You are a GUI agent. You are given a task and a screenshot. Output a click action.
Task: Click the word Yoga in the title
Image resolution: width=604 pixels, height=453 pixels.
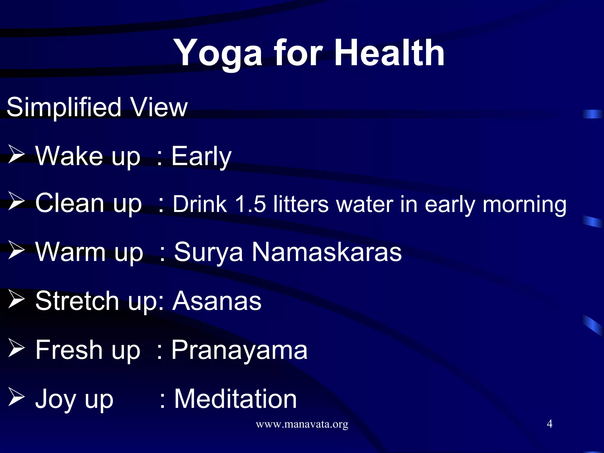click(218, 54)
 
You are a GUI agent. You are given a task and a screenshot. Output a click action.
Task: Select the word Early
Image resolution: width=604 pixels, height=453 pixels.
click(201, 156)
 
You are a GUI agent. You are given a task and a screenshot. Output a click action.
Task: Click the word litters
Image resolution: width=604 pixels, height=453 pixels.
click(301, 204)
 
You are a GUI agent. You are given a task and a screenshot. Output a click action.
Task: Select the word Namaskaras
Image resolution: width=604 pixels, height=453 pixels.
click(326, 252)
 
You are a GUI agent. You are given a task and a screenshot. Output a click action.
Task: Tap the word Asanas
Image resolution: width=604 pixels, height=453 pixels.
click(217, 301)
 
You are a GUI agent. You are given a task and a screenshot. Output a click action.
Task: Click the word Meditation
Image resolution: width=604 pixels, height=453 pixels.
click(235, 399)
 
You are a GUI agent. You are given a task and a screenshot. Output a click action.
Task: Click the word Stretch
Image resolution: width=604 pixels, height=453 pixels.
click(77, 301)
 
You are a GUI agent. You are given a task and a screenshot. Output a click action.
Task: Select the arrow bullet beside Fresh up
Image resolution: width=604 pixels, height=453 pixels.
click(16, 348)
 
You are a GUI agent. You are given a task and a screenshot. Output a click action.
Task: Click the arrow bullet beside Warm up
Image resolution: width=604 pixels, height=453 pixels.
click(16, 250)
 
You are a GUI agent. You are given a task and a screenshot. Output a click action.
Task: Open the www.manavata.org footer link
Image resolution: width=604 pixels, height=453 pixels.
click(302, 424)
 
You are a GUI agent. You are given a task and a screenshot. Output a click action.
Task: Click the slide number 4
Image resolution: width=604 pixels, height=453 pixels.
click(549, 424)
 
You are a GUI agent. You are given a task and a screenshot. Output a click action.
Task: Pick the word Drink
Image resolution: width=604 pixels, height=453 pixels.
click(200, 204)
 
